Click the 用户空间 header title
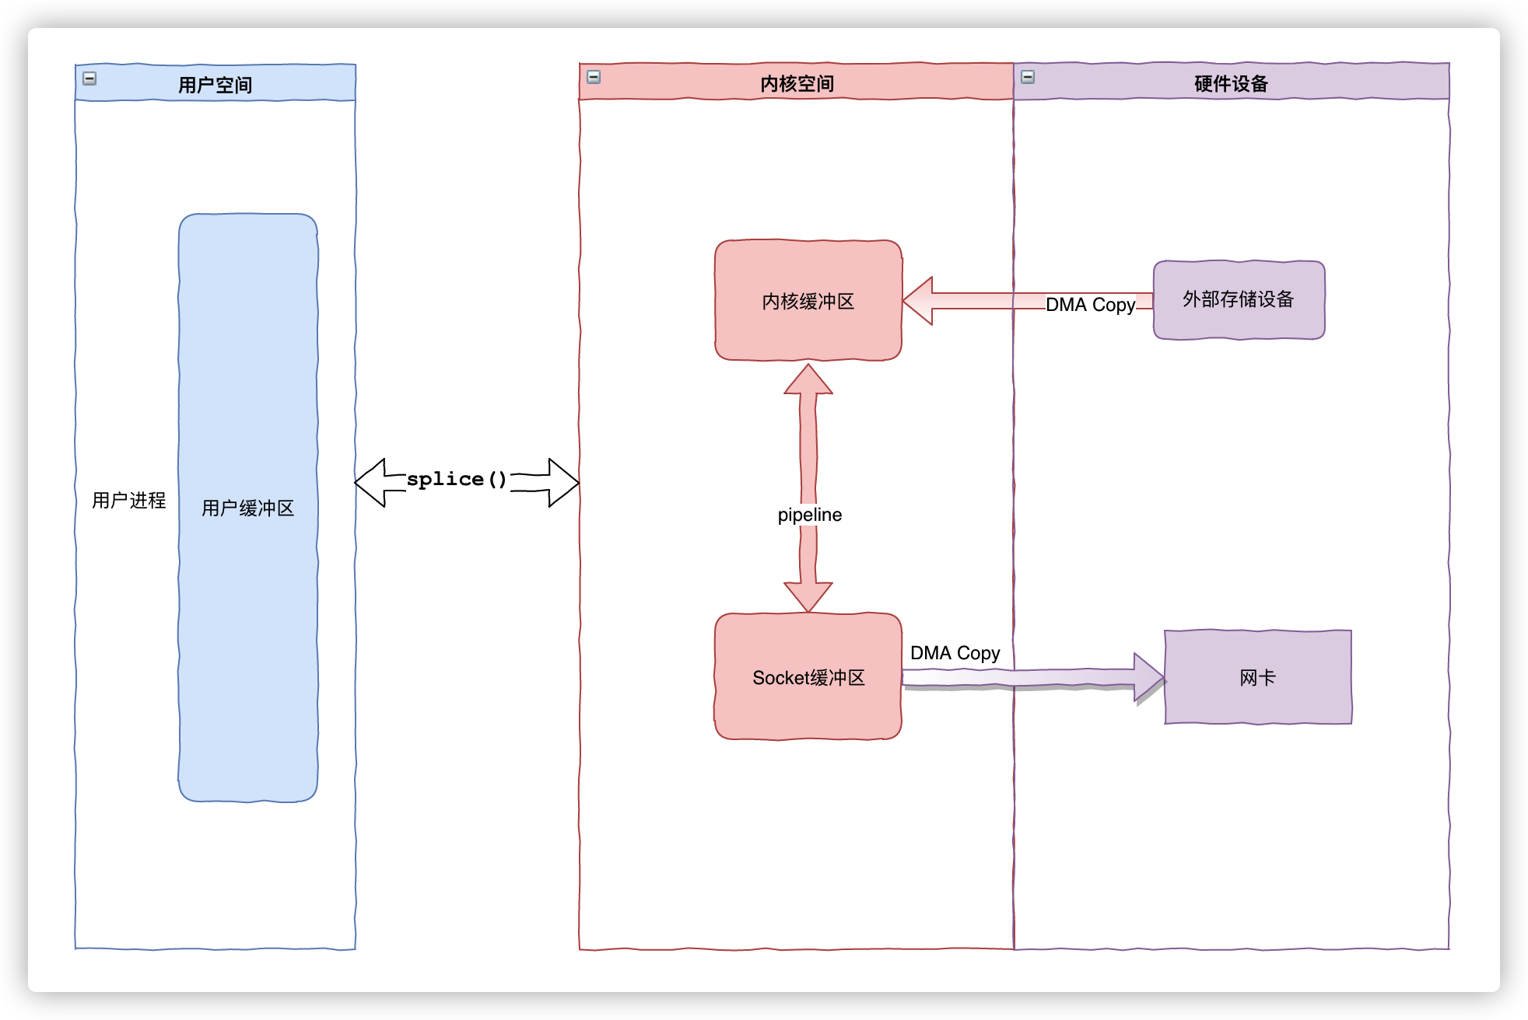[215, 85]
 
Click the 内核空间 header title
[797, 83]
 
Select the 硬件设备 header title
[1231, 83]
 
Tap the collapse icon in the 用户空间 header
[89, 79]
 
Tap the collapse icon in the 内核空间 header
[594, 77]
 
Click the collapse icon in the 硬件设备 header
[1028, 77]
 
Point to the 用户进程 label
[129, 500]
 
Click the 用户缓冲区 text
[247, 508]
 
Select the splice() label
[456, 479]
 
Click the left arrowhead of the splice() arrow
[371, 483]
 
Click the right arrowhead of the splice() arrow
[562, 483]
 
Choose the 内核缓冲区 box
[808, 301]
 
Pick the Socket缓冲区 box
[808, 677]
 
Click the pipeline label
[809, 515]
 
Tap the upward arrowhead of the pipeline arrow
[808, 381]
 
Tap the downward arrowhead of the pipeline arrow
[808, 596]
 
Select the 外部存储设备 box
[1239, 300]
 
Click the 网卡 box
[1257, 677]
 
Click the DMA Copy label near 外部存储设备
[1090, 305]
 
